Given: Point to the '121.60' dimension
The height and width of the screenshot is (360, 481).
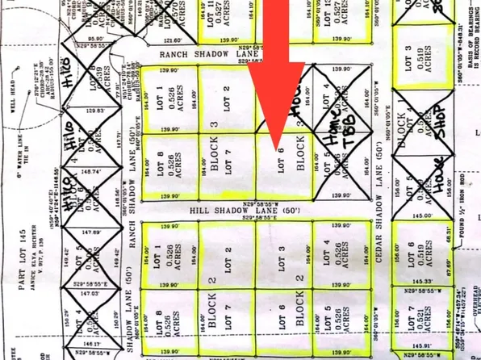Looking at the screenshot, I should tap(172, 40).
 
